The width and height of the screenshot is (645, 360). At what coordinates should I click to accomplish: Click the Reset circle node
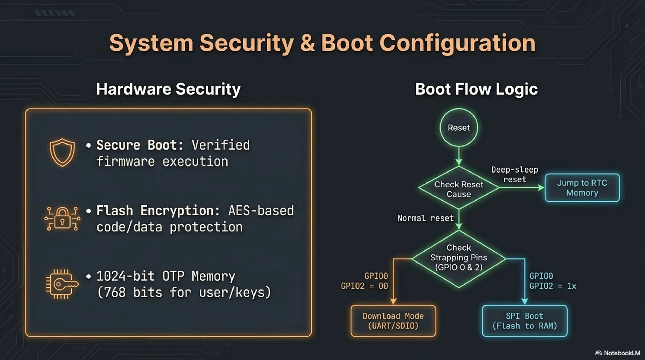coord(459,128)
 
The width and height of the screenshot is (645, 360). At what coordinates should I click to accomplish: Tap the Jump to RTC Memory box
coord(582,188)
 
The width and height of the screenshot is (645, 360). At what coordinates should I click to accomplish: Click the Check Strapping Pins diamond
coord(459,258)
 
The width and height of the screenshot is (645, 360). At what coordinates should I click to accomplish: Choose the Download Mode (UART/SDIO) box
coord(393,321)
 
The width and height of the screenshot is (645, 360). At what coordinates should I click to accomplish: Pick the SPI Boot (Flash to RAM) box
coord(524,321)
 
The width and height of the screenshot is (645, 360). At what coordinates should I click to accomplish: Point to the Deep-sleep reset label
coord(515,174)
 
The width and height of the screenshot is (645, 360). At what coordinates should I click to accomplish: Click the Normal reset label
coord(425,218)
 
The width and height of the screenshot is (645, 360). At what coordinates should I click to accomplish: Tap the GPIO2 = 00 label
coord(364,286)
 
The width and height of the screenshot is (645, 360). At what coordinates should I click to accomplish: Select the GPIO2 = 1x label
coord(553,286)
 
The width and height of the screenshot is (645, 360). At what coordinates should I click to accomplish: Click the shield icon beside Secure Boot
coord(62,153)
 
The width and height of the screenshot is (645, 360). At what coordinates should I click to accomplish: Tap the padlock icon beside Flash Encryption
coord(62,218)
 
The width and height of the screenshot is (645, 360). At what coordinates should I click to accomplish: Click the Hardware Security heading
coord(168,89)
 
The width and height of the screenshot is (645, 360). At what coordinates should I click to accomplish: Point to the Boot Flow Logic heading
coord(476,89)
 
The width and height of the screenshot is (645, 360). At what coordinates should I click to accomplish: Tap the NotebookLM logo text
coord(621,353)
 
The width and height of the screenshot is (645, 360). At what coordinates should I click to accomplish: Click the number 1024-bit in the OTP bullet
coord(125,276)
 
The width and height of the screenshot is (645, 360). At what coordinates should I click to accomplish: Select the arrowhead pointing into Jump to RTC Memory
coord(541,187)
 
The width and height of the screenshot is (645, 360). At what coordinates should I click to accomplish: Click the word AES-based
coord(261,211)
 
